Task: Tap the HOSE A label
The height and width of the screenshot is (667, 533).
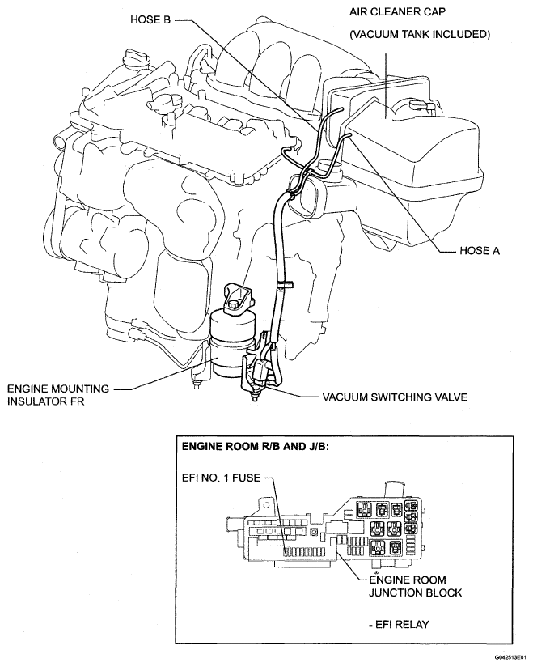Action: [x=476, y=251]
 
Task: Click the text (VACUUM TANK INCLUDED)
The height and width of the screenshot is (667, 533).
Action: [x=419, y=35]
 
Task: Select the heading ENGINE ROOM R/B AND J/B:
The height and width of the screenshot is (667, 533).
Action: [x=253, y=446]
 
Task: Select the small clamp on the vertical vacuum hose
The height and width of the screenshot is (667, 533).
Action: [x=283, y=284]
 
